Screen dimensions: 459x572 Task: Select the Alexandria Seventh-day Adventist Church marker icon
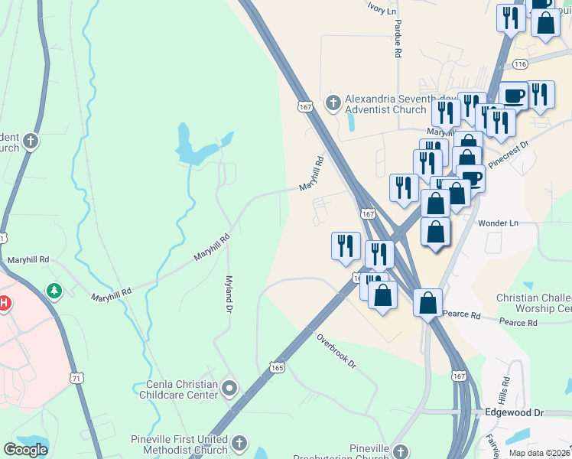[x=333, y=102]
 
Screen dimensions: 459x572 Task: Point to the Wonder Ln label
[x=498, y=223]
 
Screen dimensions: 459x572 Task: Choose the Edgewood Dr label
[x=514, y=412]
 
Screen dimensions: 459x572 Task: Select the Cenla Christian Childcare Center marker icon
[x=229, y=390]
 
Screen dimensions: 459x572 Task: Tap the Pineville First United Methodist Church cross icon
[x=239, y=444]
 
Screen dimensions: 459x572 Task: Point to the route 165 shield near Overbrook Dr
[x=277, y=369]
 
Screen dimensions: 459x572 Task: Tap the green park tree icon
[x=54, y=291]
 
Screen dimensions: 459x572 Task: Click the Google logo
[x=25, y=450]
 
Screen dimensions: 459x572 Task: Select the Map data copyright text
[x=539, y=453]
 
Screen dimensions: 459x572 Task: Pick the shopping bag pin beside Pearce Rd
[x=428, y=302]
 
